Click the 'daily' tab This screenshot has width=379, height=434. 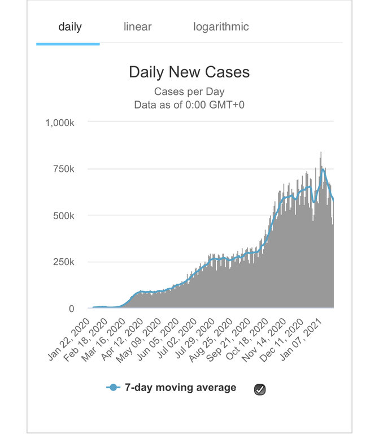coord(70,27)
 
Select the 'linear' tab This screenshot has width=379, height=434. coord(138,27)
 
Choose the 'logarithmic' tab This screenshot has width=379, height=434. coord(221,27)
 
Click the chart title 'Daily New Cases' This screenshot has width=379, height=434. coord(189,72)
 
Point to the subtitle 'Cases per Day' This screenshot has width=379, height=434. coord(189,92)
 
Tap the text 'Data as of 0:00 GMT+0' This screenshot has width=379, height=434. coord(189,105)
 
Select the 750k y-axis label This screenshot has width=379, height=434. coord(70,170)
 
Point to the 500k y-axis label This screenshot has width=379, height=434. coord(70,216)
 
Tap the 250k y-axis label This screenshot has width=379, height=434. coord(70,262)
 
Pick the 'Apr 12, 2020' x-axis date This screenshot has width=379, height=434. coord(125,339)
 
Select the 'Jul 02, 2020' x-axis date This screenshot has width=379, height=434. coord(179,339)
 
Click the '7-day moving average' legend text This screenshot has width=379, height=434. coord(180,388)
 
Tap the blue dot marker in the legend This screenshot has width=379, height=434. coord(113,388)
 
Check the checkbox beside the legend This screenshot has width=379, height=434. coord(260,389)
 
